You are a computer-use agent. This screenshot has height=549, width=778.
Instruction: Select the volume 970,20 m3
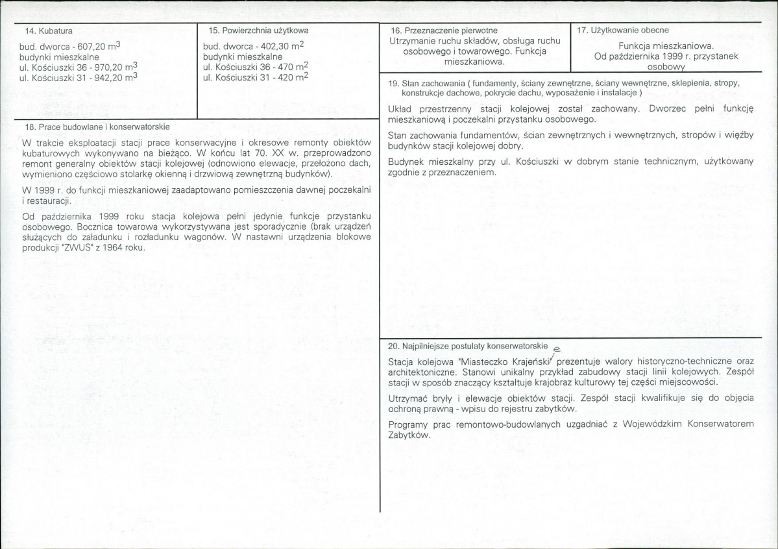click(115, 66)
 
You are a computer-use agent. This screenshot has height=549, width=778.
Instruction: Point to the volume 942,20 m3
click(115, 77)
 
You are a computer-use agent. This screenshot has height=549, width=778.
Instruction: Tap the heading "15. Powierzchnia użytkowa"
click(258, 30)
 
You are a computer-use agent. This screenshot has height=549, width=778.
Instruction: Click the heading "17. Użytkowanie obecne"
click(622, 30)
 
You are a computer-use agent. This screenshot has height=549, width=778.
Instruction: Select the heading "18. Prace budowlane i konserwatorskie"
click(97, 127)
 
